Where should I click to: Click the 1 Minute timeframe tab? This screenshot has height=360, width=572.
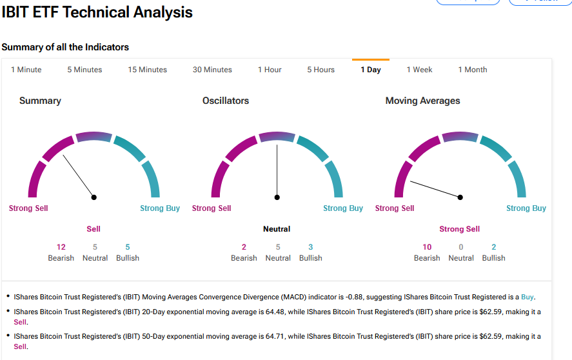[26, 70]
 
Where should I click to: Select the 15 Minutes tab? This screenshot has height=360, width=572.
[147, 70]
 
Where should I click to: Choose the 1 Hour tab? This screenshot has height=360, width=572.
[270, 70]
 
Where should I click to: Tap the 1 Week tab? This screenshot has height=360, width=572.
[419, 70]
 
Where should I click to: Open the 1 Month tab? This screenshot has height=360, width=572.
[473, 70]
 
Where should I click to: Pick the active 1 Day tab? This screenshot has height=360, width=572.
[371, 70]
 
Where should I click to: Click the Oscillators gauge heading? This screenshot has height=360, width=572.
[226, 101]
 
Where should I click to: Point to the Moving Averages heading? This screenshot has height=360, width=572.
[423, 101]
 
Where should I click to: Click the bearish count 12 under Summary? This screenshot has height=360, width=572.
[61, 247]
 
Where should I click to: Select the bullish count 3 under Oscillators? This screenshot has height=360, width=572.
[311, 247]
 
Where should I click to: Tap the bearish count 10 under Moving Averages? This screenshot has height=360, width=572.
[427, 247]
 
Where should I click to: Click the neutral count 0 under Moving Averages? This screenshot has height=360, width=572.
[461, 247]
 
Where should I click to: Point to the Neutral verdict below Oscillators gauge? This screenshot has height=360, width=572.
[277, 229]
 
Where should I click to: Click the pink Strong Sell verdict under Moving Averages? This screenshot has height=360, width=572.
[460, 229]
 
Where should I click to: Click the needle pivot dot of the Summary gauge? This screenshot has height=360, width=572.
[94, 197]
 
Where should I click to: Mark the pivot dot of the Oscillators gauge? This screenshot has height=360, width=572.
[277, 197]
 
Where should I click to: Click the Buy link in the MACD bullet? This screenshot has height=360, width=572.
[528, 297]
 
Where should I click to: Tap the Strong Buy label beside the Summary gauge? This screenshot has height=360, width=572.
[160, 208]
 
